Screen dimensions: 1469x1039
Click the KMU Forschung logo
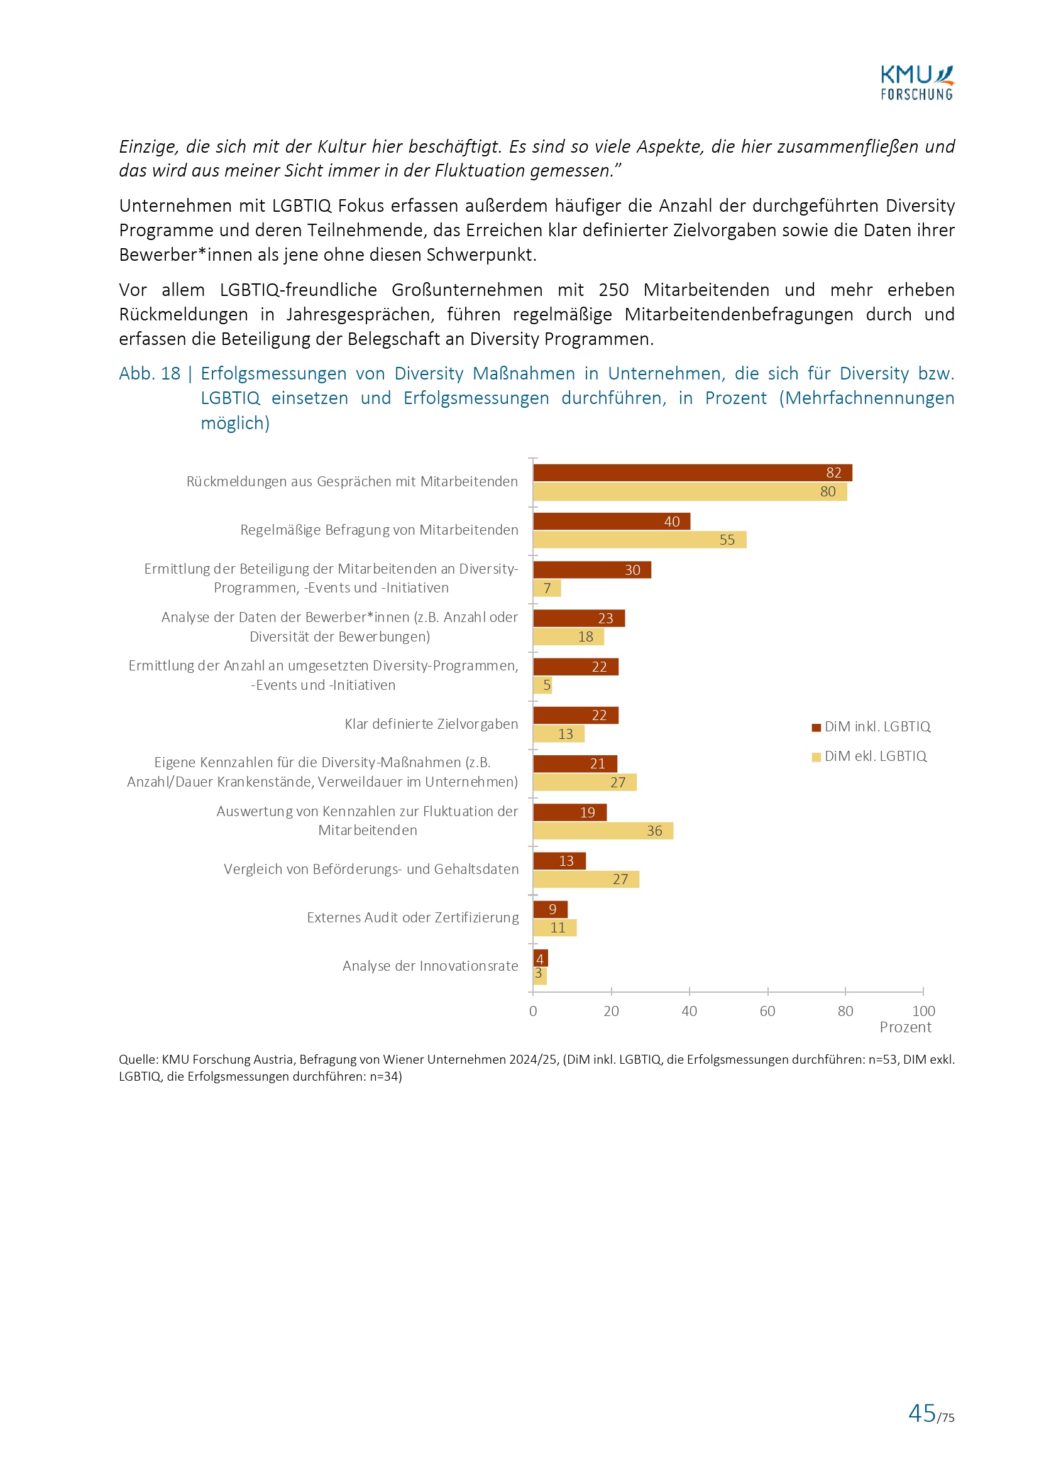[916, 83]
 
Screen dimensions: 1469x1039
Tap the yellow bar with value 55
[639, 540]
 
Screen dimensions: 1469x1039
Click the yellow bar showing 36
[602, 831]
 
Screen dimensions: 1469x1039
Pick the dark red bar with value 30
[591, 570]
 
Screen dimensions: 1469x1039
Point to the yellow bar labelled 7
[547, 589]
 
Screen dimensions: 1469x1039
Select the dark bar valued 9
[550, 909]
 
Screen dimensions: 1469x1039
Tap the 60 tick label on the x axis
[767, 1012]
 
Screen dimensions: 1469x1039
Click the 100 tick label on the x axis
[923, 1012]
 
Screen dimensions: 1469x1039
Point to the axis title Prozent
[905, 1027]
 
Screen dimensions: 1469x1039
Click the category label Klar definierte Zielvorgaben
[431, 724]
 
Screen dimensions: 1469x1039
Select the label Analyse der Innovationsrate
[430, 966]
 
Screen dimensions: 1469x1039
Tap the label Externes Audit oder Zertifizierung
[412, 918]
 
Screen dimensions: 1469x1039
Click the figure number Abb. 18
[150, 374]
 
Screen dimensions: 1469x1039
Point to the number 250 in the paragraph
[613, 290]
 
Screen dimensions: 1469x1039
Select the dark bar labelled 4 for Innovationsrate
[541, 958]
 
